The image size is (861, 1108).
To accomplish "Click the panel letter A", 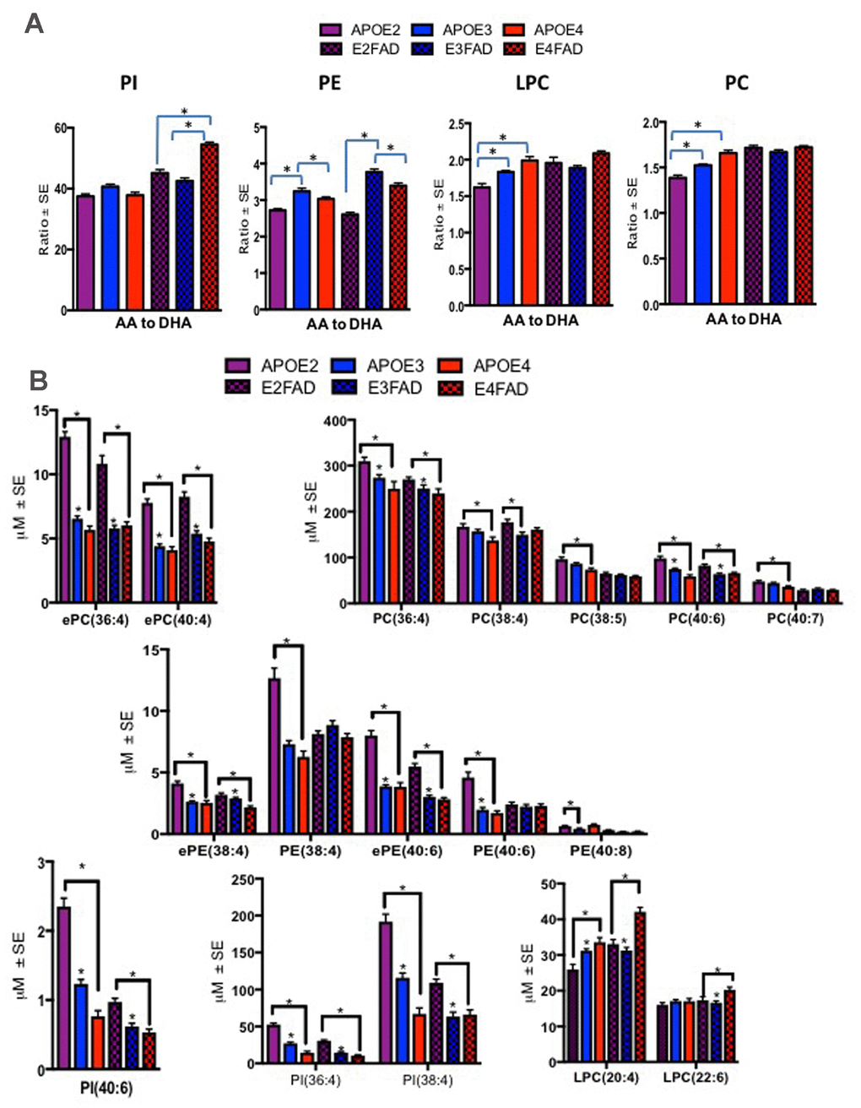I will (34, 23).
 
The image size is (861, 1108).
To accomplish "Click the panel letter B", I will (39, 380).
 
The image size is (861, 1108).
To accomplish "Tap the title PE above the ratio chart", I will (330, 83).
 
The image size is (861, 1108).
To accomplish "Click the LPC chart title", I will (531, 83).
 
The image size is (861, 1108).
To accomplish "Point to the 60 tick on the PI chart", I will (59, 128).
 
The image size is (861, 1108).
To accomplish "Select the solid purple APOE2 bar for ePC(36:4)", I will (65, 519).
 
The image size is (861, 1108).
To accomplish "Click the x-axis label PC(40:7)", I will (796, 618).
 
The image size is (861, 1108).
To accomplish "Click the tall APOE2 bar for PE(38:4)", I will (274, 756).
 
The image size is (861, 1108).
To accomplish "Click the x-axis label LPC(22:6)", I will (696, 1078).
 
